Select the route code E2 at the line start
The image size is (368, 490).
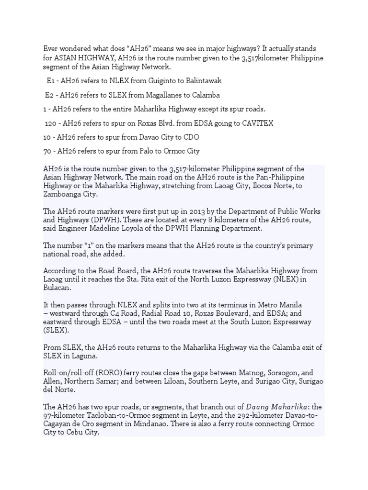49,95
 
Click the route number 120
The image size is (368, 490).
51,123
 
